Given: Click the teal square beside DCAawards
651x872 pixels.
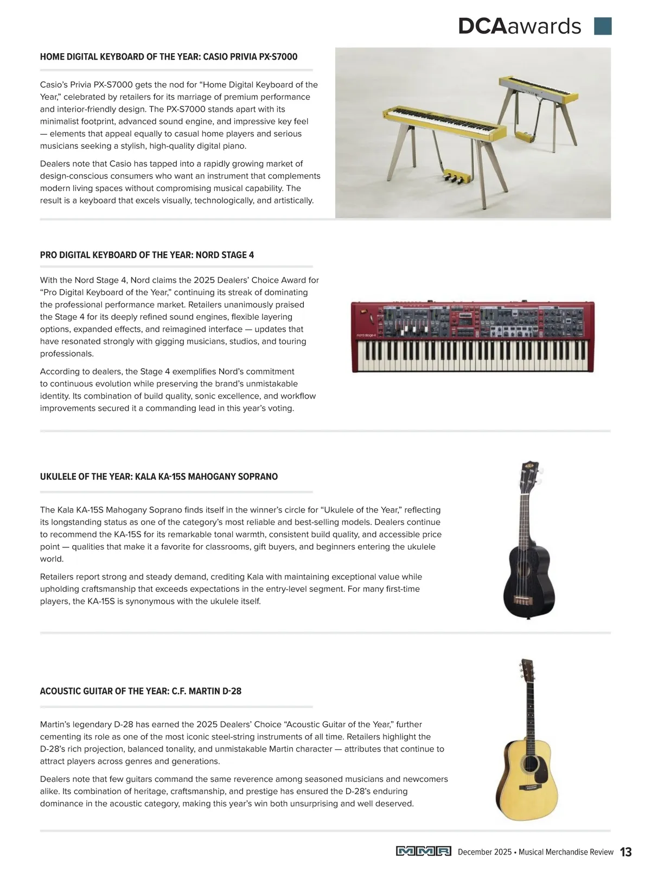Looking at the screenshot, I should [603, 26].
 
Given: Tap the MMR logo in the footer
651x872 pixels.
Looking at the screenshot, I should [423, 851].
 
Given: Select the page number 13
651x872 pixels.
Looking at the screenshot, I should [626, 852].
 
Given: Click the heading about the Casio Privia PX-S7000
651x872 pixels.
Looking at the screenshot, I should [169, 57].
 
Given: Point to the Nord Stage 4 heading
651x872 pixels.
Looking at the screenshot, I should [147, 255].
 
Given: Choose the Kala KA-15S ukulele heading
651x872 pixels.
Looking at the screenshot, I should [159, 477].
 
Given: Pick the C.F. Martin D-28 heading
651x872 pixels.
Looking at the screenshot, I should [141, 691].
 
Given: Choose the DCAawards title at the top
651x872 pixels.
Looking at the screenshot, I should [519, 26].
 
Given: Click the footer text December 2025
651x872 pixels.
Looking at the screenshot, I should [484, 852].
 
